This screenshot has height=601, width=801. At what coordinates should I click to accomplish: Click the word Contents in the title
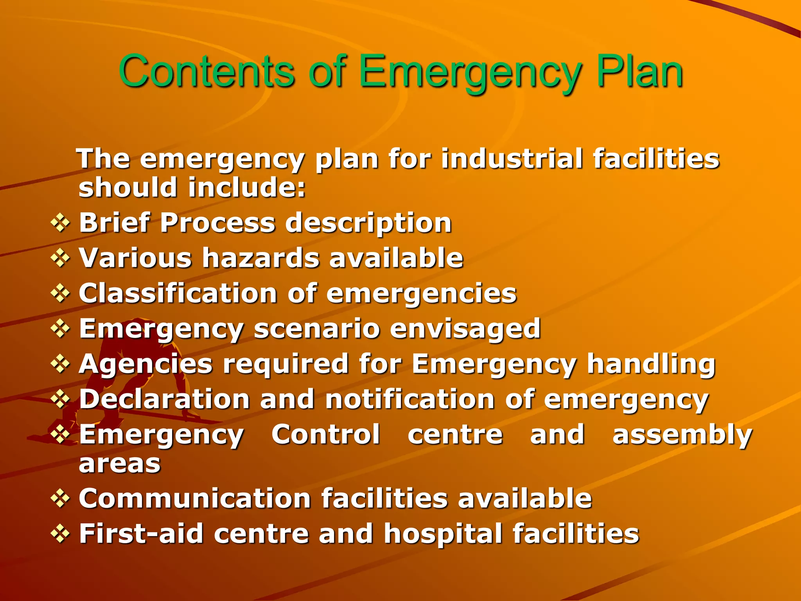pos(206,71)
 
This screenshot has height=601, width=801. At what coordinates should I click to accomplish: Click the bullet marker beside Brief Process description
pos(60,223)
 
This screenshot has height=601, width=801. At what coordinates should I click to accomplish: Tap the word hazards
pos(261,258)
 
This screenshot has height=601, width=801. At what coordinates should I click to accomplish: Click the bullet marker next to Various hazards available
pos(60,258)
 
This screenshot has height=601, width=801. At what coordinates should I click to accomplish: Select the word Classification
pos(178,293)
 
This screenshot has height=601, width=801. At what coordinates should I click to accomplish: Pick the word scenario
pos(317,329)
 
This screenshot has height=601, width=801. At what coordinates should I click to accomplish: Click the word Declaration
pos(165,399)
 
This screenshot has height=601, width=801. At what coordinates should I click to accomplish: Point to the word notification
pos(410,399)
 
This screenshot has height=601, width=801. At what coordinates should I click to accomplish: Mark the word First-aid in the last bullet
pos(141,534)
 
